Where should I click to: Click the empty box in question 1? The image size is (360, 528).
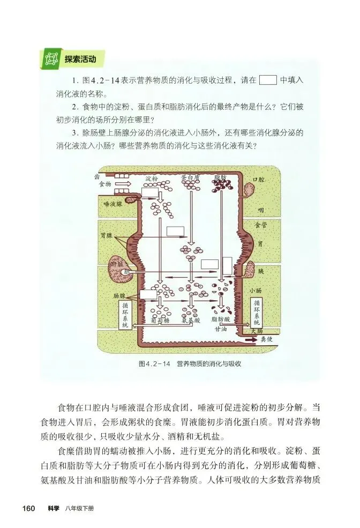click(267, 80)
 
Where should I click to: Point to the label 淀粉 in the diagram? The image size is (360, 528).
click(152, 179)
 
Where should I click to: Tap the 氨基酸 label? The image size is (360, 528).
click(191, 320)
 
